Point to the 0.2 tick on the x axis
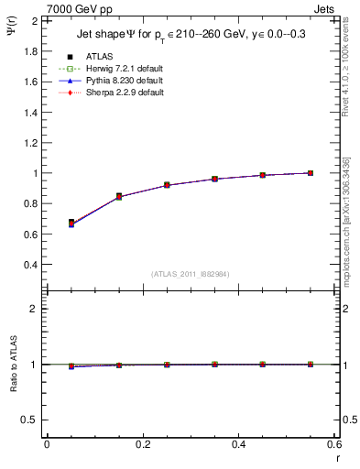[x=142, y=443]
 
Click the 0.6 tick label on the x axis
[x=333, y=443]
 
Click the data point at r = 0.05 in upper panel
[x=71, y=223]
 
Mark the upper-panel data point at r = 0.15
[x=119, y=196]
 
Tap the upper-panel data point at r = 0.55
[x=311, y=173]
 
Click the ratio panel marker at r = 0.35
[x=215, y=365]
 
